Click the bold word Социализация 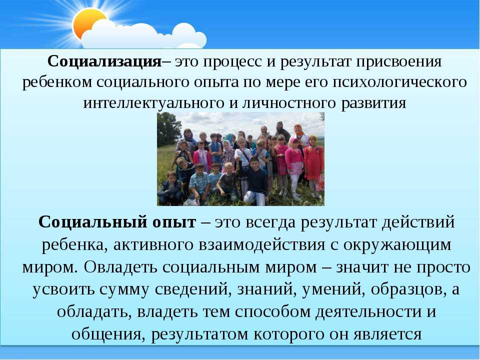tap(104, 62)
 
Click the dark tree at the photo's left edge tap(168, 129)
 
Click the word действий tap(418, 222)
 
